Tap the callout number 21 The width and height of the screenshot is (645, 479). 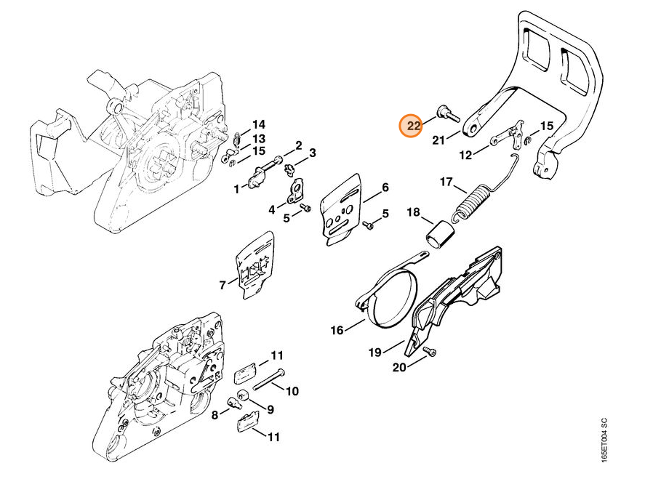438,140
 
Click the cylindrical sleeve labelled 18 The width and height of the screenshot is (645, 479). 440,236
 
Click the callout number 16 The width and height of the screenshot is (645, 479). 337,330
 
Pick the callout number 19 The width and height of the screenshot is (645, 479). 374,352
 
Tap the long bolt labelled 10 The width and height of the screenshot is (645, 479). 269,379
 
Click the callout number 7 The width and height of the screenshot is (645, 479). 223,284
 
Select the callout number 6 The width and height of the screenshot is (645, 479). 385,188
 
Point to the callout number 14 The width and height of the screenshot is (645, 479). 259,124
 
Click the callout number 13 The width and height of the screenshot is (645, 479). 259,139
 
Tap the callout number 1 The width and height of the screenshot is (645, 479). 236,190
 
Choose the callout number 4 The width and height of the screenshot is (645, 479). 271,209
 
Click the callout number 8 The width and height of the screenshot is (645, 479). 215,415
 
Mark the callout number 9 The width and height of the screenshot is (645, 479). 271,409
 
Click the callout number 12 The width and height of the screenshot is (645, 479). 465,156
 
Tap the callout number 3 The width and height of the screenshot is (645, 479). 312,153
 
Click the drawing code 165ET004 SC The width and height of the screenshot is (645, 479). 604,440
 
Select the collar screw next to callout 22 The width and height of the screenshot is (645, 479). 447,114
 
